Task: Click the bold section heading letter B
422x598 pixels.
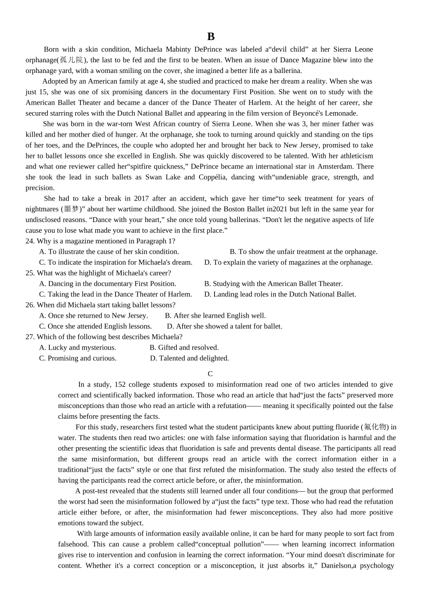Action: [211, 37]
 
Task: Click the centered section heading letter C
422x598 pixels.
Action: [210, 374]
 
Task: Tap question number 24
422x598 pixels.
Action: [30, 241]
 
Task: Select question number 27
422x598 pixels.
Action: [30, 337]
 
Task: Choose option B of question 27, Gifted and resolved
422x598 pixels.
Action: [184, 348]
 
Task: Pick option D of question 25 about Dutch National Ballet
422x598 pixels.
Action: [280, 295]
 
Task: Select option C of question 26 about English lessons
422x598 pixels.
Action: [95, 327]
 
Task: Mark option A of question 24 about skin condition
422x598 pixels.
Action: [109, 252]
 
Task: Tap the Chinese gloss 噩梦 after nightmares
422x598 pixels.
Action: [71, 209]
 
